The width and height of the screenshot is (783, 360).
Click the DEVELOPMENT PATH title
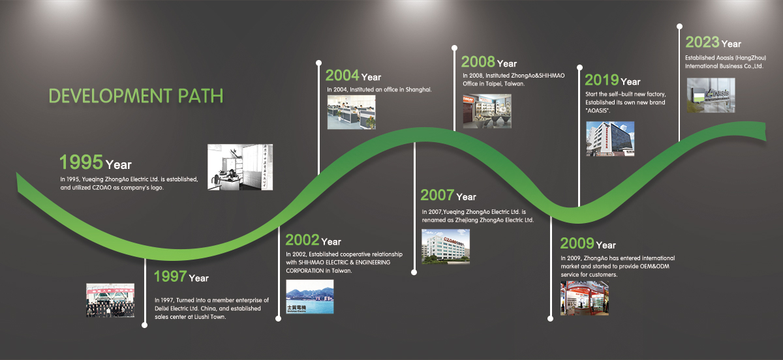point(136,95)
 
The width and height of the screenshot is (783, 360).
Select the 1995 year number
point(81,162)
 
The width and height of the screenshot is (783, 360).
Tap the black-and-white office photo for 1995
point(240,167)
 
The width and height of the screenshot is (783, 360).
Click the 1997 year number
point(170,276)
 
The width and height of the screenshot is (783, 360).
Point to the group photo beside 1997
point(110,300)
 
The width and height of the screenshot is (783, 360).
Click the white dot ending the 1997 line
point(144,325)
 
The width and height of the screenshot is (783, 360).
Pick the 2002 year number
point(302,240)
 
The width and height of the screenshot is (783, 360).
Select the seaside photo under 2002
point(310,297)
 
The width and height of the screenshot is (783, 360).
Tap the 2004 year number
point(342,75)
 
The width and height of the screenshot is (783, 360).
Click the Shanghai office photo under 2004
point(351,112)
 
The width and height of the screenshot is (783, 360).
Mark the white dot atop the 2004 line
point(318,63)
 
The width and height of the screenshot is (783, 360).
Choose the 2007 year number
point(437,195)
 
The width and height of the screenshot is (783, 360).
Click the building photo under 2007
point(446,247)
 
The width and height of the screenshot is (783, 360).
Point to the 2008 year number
point(478,62)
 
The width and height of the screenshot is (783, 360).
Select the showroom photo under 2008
point(487,111)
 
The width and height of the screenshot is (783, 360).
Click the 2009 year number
point(577,243)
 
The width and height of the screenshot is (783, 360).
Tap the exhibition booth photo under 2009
point(585,298)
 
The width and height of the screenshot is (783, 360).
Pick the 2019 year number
point(602,80)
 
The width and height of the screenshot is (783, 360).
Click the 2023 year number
point(702,42)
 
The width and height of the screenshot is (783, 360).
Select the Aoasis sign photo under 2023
point(711,95)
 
